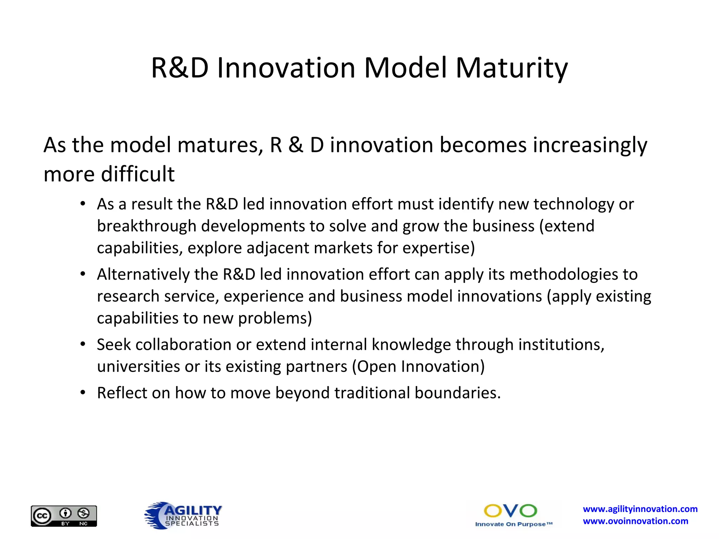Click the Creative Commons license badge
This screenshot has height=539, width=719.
[x=64, y=516]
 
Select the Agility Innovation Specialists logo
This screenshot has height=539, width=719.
[x=184, y=515]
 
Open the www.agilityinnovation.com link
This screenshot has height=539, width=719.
[x=640, y=509]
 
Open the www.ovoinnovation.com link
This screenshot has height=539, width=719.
[x=635, y=521]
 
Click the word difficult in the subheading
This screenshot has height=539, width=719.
[x=138, y=174]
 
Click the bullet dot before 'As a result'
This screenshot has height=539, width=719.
[x=83, y=204]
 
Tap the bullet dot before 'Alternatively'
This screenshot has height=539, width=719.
[x=83, y=274]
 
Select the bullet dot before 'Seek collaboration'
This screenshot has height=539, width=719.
[x=83, y=344]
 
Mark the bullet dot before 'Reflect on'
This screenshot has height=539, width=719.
[x=83, y=392]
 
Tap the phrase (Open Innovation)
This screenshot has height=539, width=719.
[x=418, y=366]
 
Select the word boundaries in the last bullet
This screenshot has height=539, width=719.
[x=457, y=393]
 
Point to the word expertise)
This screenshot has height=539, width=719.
[x=438, y=248]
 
